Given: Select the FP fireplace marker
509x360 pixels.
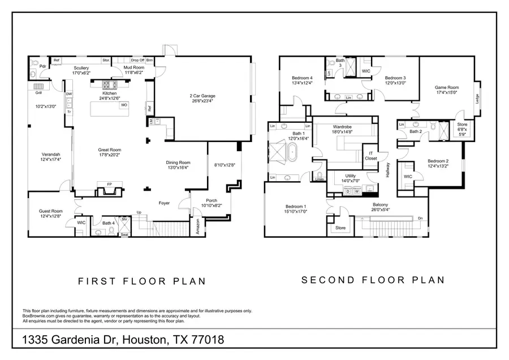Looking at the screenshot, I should (109, 184).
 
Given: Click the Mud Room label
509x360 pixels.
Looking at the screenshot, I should (134, 67).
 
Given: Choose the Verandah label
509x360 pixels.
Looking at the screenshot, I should (50, 154).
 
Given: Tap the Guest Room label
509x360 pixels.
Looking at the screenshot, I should (50, 211).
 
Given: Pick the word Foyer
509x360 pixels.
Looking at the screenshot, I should (163, 203).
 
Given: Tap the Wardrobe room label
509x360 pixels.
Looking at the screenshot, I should (343, 127).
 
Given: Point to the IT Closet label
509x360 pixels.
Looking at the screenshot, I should (371, 156).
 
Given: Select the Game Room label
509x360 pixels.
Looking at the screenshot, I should (446, 87).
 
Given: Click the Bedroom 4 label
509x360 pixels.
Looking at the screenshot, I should (302, 78).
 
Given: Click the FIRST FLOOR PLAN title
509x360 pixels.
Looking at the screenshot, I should (141, 281).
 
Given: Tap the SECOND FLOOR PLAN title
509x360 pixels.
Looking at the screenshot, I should (373, 280).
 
